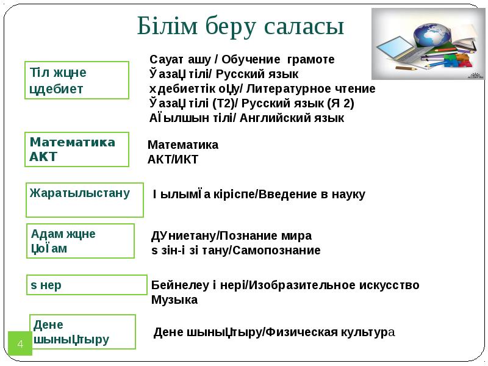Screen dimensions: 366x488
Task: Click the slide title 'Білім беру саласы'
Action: (x=241, y=26)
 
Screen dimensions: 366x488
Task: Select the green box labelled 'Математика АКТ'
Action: (x=77, y=149)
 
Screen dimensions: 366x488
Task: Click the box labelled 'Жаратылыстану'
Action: (x=85, y=199)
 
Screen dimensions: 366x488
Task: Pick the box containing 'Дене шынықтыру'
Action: (x=83, y=332)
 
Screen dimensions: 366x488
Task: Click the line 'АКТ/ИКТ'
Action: (x=173, y=160)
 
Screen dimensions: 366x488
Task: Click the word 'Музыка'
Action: (x=174, y=300)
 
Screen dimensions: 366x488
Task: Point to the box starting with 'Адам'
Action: (x=82, y=241)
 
